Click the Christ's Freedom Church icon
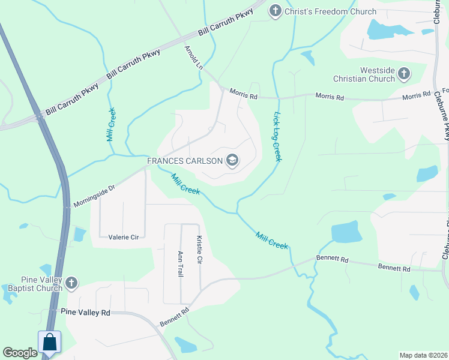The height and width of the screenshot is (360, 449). click(275, 11)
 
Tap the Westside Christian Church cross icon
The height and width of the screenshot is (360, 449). click(403, 74)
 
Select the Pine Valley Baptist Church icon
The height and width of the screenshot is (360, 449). click(71, 283)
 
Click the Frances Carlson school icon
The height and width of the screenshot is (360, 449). click(232, 160)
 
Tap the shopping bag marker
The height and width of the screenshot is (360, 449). click(50, 343)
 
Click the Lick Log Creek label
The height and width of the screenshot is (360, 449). click(277, 136)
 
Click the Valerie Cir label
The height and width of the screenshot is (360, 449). click(124, 237)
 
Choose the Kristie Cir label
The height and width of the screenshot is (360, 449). click(199, 250)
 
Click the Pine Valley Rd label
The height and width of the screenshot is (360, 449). click(86, 312)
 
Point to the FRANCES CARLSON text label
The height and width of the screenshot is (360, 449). click(185, 161)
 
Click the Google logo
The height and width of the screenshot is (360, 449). click(20, 353)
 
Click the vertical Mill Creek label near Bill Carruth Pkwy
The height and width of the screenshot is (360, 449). click(110, 124)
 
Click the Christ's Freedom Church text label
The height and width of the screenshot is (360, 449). click(331, 11)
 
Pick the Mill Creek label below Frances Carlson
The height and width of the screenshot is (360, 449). click(185, 184)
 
